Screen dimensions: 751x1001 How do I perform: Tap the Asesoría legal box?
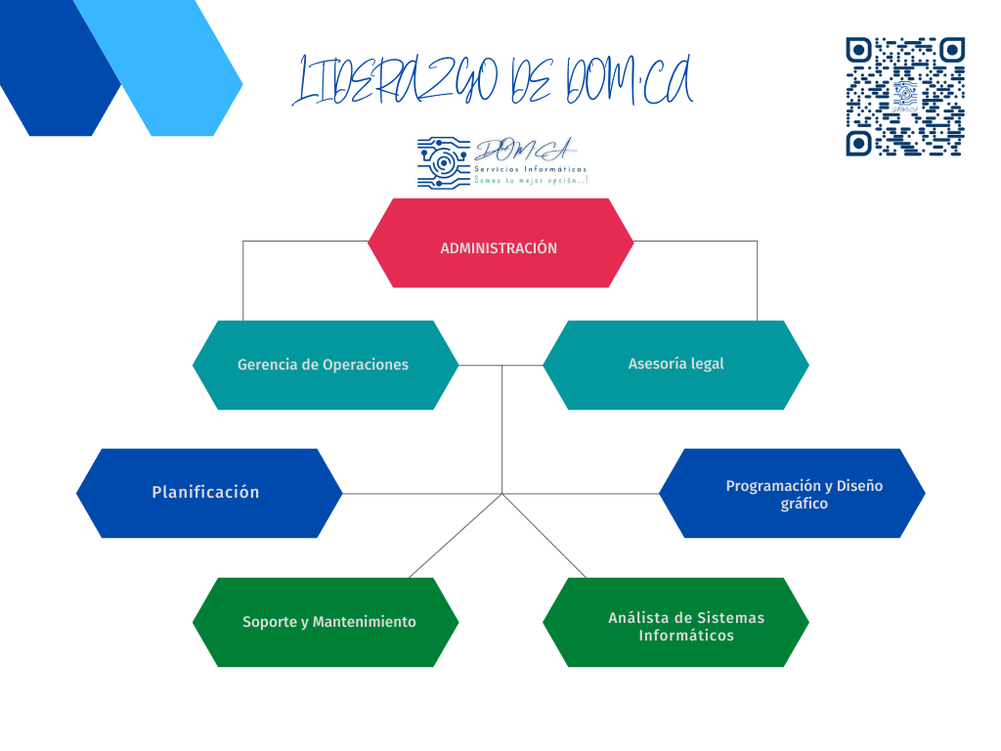tap(675, 365)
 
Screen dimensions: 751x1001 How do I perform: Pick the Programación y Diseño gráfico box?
tap(792, 493)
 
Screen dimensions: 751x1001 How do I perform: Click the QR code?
tap(905, 97)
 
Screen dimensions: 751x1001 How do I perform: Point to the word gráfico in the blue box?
tap(804, 505)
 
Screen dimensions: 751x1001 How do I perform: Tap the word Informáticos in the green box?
tap(686, 636)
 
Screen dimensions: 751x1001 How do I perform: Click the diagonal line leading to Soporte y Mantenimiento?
tap(455, 536)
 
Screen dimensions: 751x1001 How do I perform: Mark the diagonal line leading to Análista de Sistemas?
tap(544, 536)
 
